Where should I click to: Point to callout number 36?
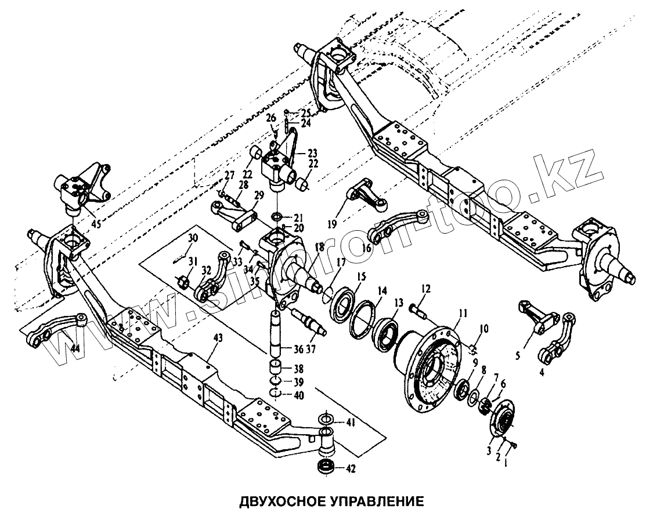point(299,350)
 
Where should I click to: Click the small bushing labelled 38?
point(276,368)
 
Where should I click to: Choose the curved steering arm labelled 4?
point(557,340)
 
